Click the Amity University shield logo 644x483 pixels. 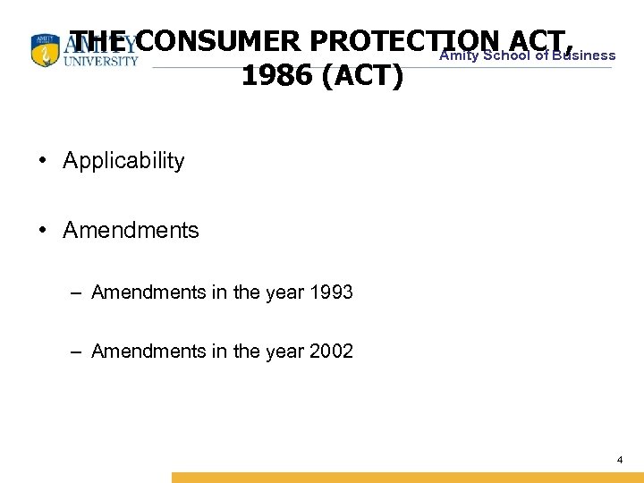(x=43, y=51)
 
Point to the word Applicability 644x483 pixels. (x=123, y=161)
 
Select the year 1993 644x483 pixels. (x=329, y=292)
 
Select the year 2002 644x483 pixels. (x=329, y=351)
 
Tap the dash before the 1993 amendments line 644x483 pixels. (x=79, y=292)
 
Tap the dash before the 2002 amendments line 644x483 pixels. (x=79, y=351)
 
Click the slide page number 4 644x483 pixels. (x=620, y=460)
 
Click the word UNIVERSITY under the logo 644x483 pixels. (x=101, y=61)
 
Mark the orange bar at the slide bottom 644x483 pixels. (x=407, y=478)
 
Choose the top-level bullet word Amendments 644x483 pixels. (x=131, y=230)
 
